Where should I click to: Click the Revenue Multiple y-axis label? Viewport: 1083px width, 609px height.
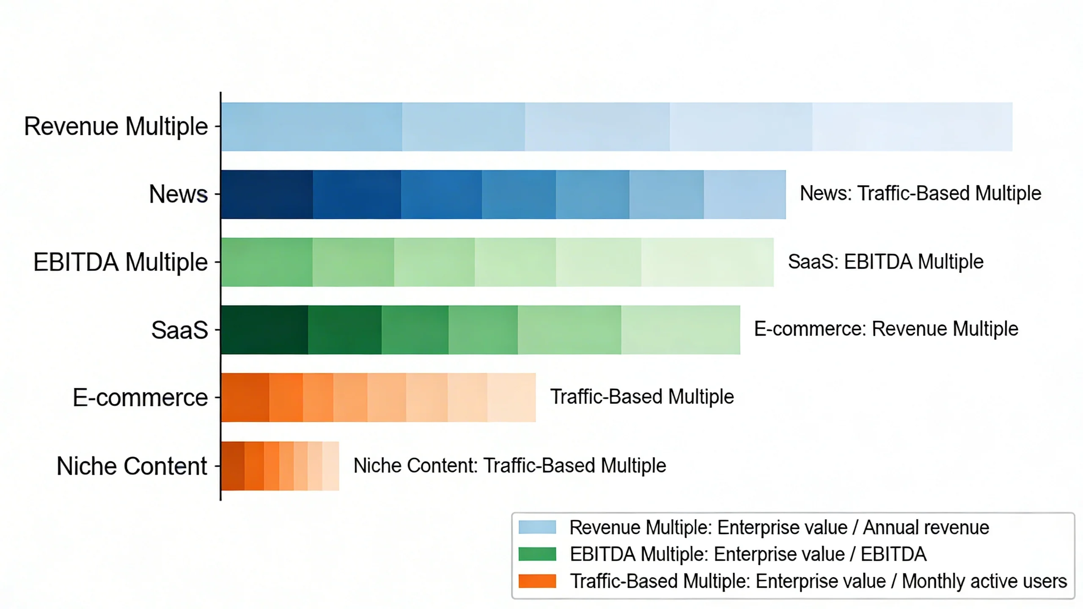[x=116, y=126]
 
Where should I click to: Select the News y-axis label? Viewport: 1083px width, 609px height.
[x=178, y=194]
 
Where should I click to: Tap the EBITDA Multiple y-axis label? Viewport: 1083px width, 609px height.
[x=121, y=262]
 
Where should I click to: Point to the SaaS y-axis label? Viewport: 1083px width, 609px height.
[x=179, y=330]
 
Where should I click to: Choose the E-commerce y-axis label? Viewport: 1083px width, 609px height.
[x=140, y=398]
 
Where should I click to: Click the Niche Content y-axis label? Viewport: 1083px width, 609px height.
[x=132, y=466]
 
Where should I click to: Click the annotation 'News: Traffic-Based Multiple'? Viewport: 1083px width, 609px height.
[x=920, y=193]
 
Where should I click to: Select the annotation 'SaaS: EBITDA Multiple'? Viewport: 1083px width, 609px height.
[x=885, y=262]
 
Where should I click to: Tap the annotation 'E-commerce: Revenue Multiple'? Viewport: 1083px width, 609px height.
[x=886, y=329]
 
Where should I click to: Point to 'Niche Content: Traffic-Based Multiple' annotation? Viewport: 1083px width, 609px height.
[x=509, y=466]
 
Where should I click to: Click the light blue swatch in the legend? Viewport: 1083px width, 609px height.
[x=537, y=527]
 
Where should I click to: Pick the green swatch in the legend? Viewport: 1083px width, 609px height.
[x=537, y=554]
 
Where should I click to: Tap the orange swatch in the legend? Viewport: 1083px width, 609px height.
[x=537, y=581]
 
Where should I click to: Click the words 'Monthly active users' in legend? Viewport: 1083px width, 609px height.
[x=984, y=581]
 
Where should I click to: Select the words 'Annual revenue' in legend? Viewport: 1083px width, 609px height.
[x=926, y=527]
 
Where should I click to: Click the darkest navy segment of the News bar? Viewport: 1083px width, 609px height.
[x=267, y=195]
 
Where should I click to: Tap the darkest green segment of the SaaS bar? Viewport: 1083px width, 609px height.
[x=264, y=330]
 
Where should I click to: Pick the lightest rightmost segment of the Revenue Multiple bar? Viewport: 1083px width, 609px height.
[x=912, y=126]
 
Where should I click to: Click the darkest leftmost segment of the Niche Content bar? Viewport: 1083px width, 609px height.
[x=233, y=466]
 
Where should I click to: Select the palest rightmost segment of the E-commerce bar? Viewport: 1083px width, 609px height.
[x=511, y=398]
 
